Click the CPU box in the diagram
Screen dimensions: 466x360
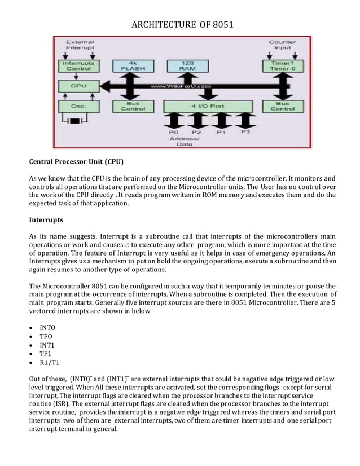point(78,86)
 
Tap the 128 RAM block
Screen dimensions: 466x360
point(187,65)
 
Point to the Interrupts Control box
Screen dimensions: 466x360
point(78,65)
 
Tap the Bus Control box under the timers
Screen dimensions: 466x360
point(283,106)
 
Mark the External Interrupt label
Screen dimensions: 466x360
point(80,45)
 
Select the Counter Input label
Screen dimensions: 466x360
point(283,45)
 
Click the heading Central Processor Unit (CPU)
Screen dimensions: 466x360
point(76,162)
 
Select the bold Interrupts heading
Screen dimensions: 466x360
point(46,219)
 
